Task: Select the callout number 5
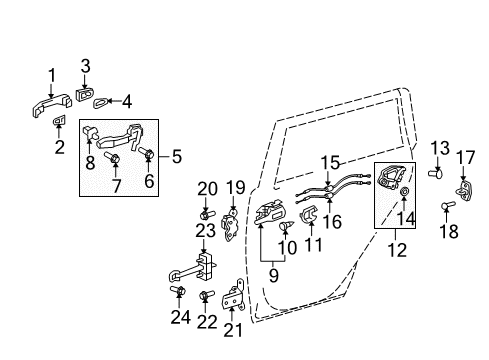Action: [178, 156]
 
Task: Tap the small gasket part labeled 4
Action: [102, 101]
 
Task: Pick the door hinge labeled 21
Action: [235, 297]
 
